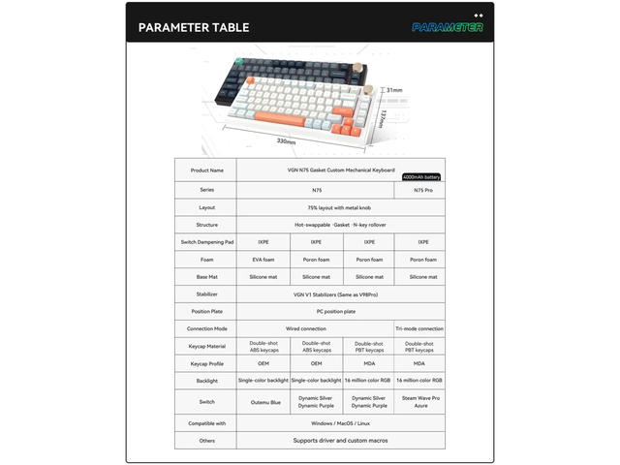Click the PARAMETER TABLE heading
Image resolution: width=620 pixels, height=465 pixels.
(x=194, y=26)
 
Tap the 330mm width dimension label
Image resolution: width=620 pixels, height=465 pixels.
(x=286, y=141)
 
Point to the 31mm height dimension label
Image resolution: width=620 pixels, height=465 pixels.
(x=394, y=90)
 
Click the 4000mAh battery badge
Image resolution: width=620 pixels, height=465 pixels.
(x=421, y=177)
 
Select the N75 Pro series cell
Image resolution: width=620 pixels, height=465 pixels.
(x=423, y=190)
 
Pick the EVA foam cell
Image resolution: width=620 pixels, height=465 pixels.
(x=263, y=260)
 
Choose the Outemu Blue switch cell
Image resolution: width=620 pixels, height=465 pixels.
(x=263, y=400)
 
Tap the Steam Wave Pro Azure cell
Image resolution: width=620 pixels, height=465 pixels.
(x=423, y=400)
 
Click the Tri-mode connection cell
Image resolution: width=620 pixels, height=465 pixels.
(x=419, y=328)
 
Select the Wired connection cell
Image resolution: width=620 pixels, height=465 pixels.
(x=316, y=328)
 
